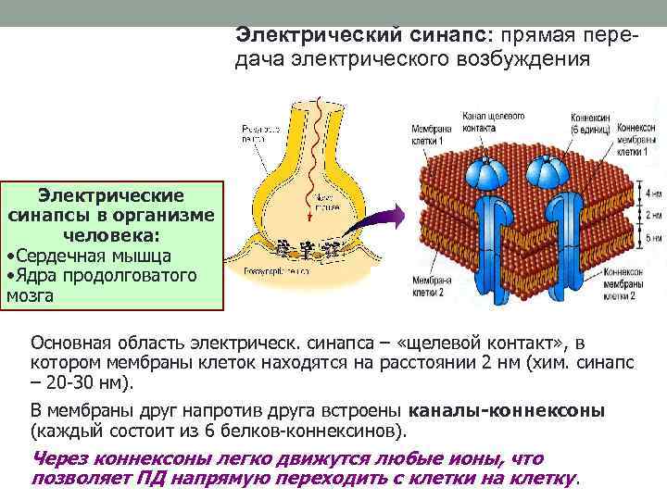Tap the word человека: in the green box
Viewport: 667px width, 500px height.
[110, 234]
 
